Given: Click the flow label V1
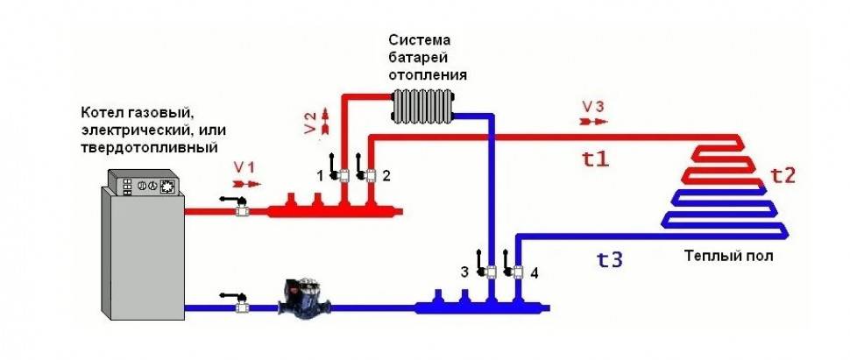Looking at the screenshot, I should pyautogui.click(x=244, y=166).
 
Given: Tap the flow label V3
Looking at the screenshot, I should pyautogui.click(x=593, y=106).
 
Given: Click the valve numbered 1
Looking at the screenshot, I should pyautogui.click(x=344, y=174).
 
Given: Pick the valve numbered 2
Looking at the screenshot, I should pyautogui.click(x=370, y=174).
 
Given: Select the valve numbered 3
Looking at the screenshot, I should pyautogui.click(x=492, y=271).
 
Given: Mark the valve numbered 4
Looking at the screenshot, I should pyautogui.click(x=517, y=271).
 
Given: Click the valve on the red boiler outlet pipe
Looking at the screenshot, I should pyautogui.click(x=243, y=210).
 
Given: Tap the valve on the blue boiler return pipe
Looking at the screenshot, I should pyautogui.click(x=243, y=306).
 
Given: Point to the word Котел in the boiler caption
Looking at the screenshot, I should pyautogui.click(x=102, y=113).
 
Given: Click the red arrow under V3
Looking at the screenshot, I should pyautogui.click(x=593, y=124).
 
